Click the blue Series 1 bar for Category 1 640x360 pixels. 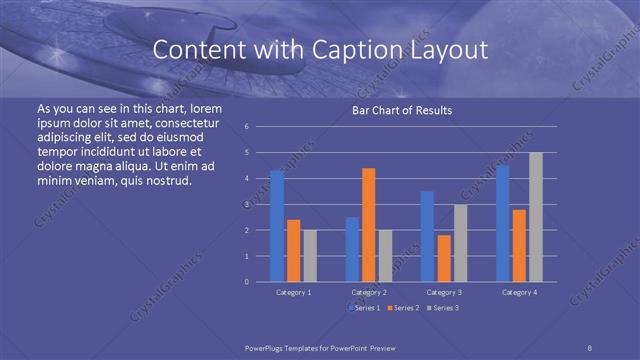click(277, 226)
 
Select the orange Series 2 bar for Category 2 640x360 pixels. click(368, 225)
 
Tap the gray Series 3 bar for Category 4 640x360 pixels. click(535, 217)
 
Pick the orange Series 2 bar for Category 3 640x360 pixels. click(443, 258)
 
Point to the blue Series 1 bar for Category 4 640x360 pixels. click(502, 223)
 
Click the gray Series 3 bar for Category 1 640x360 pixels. click(309, 256)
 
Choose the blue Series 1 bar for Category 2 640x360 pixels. click(352, 249)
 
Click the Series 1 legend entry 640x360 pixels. click(364, 309)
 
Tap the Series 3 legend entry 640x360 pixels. click(443, 309)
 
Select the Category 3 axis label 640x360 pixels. click(444, 292)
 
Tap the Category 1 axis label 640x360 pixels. click(293, 292)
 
